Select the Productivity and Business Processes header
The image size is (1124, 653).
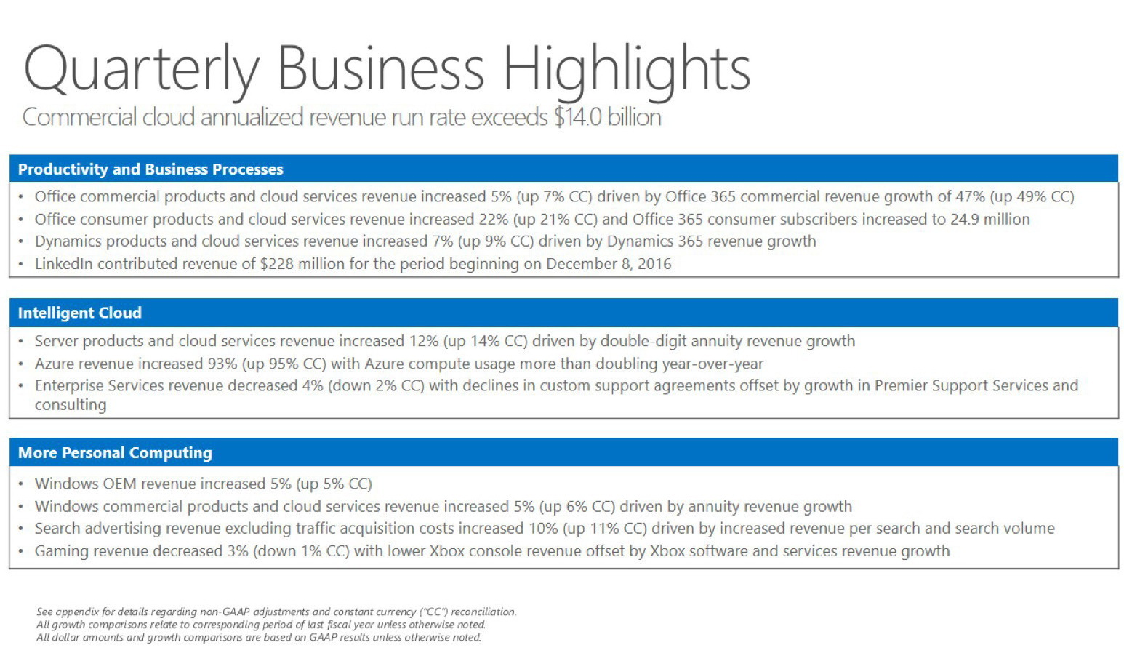[150, 169]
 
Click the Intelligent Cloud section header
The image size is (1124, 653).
[80, 313]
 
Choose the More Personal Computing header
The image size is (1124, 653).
[115, 453]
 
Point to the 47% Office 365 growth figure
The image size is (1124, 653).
[971, 196]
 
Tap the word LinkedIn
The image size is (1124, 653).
[63, 263]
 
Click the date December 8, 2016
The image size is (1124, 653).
[609, 263]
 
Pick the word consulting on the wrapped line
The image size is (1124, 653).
[71, 404]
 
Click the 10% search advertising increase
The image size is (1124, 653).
[542, 528]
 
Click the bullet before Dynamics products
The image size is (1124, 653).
[21, 241]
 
